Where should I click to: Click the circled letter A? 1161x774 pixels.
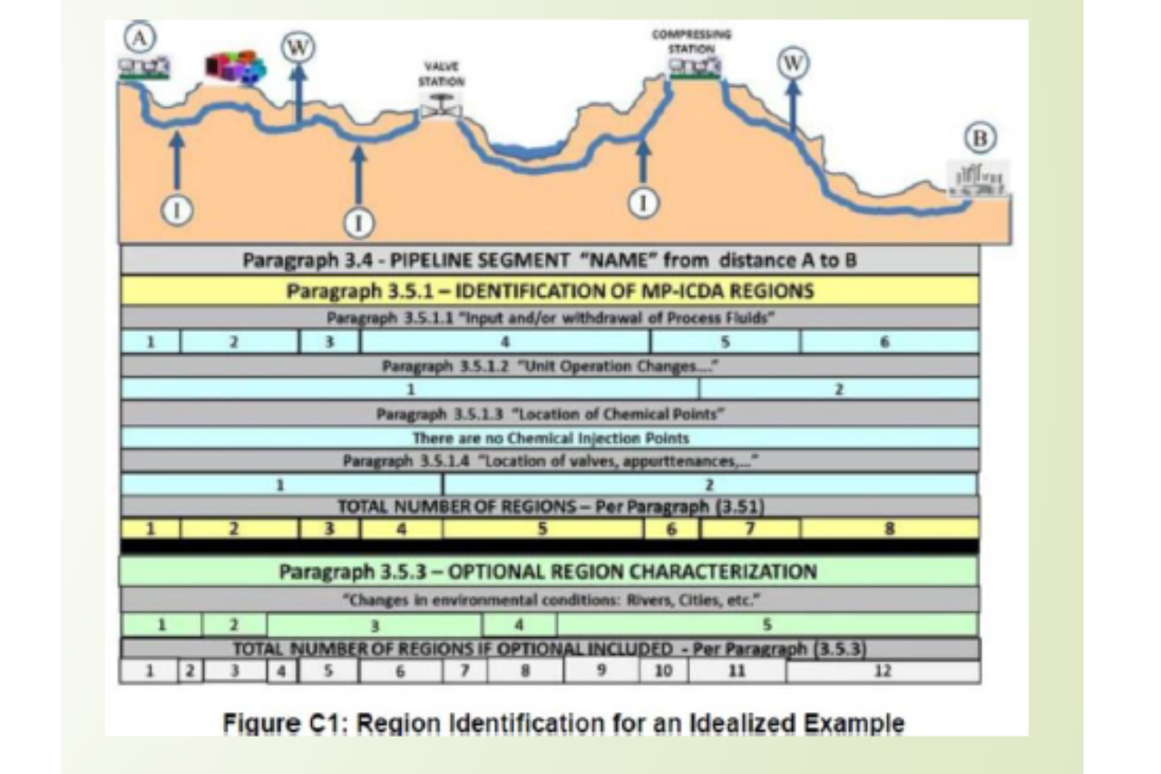click(141, 38)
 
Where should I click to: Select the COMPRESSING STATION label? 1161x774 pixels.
click(690, 39)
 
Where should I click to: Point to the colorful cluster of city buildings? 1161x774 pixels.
click(235, 69)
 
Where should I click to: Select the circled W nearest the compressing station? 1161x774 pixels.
click(793, 64)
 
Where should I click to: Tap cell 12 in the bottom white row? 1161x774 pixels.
click(883, 672)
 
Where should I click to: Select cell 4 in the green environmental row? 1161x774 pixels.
click(519, 625)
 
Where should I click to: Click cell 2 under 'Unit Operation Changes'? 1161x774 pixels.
click(838, 389)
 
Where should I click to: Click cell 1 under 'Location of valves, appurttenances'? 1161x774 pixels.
click(281, 485)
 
